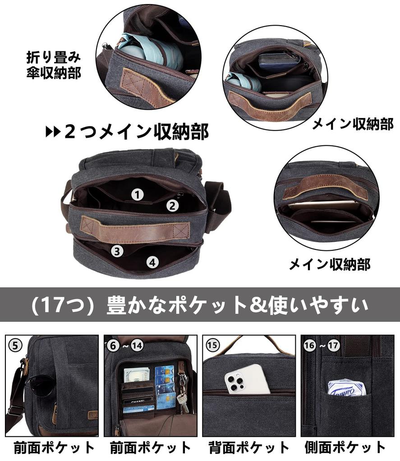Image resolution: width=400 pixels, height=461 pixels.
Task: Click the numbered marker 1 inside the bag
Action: point(138,194)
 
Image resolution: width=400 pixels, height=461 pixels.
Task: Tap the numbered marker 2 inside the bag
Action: point(172,206)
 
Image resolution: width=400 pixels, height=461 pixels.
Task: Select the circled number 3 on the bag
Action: point(117,251)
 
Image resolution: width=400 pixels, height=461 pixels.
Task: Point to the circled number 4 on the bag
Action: point(153,262)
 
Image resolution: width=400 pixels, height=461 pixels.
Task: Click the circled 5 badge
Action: point(15,346)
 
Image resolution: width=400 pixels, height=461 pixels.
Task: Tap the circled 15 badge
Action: point(212,346)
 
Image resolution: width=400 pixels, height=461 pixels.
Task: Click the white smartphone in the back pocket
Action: point(247,379)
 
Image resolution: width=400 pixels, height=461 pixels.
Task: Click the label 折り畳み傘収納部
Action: point(54,66)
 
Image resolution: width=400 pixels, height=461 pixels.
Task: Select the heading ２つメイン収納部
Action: point(135,132)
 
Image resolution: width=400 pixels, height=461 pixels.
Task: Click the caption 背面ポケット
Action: point(249,447)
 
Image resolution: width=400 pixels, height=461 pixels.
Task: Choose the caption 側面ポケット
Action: point(345,447)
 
